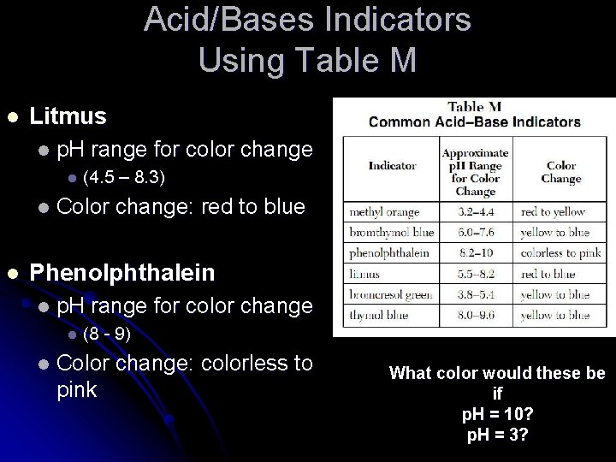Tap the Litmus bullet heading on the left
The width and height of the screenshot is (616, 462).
click(x=68, y=115)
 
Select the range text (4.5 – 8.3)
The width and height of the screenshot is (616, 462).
click(x=124, y=178)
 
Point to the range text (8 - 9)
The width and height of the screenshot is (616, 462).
click(x=107, y=334)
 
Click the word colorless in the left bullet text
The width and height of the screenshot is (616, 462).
click(x=253, y=363)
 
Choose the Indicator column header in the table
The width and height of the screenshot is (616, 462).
click(x=393, y=165)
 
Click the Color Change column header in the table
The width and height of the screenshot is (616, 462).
click(x=561, y=172)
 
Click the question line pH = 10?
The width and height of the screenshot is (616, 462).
click(x=497, y=414)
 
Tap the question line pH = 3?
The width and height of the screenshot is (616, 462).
click(x=497, y=435)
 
